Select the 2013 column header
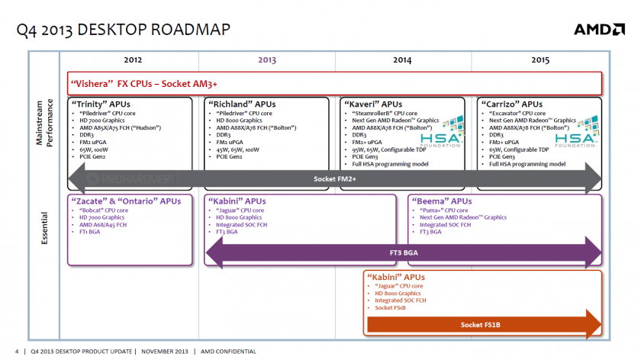point(267,59)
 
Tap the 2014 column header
point(402,59)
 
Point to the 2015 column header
point(540,59)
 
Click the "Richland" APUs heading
point(242,104)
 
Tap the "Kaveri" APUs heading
point(373,104)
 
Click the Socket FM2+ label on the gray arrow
point(336,179)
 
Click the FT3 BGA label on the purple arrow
point(404,252)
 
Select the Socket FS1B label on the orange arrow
point(482,325)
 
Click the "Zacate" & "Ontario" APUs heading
point(126,201)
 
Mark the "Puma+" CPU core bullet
point(446,210)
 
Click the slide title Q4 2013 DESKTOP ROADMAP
point(123,30)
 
